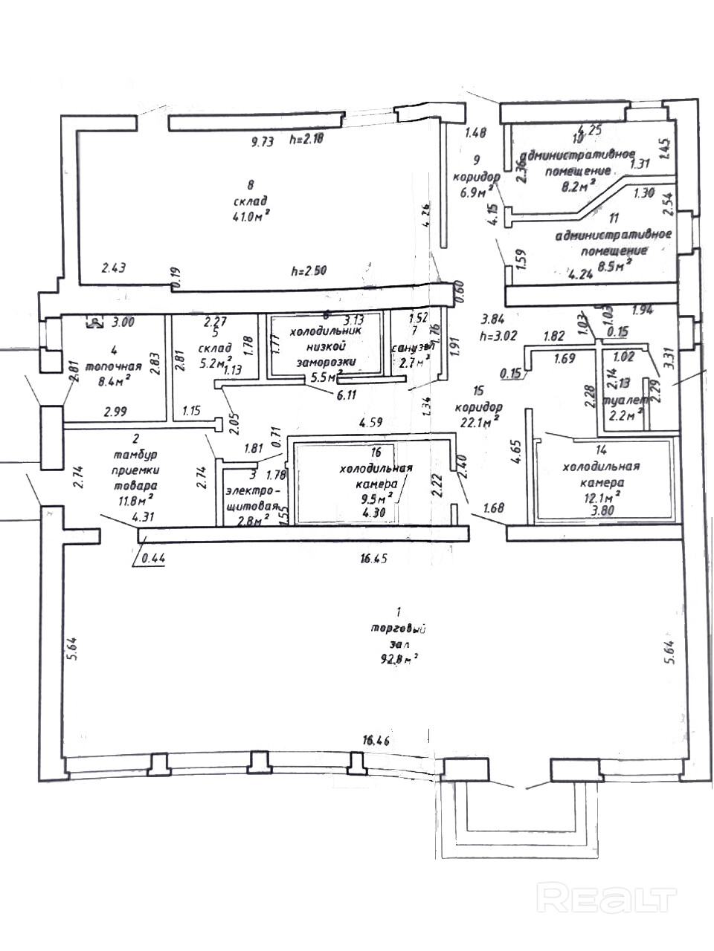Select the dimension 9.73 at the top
pyautogui.click(x=263, y=143)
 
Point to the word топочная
pyautogui.click(x=114, y=366)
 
